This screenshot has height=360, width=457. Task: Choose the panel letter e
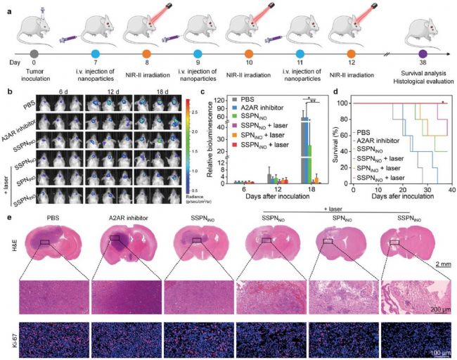coord(8,210)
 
